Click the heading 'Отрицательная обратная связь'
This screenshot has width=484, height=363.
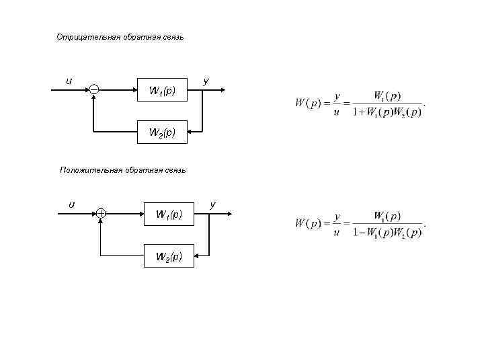point(119,38)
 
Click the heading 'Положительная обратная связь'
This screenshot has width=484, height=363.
point(122,170)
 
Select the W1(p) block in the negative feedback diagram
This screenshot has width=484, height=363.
point(162,90)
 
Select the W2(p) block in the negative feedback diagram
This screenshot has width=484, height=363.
point(162,132)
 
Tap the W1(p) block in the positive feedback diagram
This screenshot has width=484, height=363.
point(169,214)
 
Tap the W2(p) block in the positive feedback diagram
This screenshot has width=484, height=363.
point(169,256)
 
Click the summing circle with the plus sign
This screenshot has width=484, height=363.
point(100,214)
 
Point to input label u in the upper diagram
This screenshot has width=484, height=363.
point(68,81)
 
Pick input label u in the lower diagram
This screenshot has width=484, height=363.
point(71,204)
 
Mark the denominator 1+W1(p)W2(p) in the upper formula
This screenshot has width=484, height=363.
point(387,112)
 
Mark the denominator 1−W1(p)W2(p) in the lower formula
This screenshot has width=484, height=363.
point(387,233)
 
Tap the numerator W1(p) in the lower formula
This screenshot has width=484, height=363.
point(387,216)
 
